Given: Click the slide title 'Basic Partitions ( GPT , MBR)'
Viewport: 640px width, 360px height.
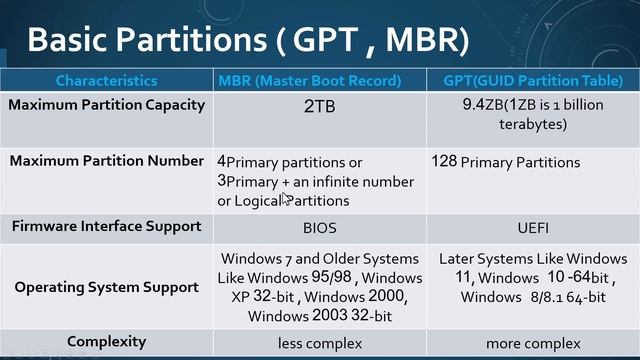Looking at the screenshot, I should point(248,39).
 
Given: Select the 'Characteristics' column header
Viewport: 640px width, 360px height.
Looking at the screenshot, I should point(106,80).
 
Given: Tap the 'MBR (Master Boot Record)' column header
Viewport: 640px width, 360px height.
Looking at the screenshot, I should point(309,80).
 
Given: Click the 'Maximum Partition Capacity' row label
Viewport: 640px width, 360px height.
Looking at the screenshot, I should point(107,104).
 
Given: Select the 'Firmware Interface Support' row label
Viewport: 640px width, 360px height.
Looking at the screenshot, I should point(107,226).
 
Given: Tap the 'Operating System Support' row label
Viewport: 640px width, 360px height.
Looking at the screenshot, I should point(107,287).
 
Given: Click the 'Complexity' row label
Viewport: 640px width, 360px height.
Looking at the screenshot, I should point(106,341).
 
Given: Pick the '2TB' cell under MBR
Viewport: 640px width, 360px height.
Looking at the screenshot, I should point(320,104).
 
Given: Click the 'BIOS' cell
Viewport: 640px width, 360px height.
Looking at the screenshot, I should point(320,227).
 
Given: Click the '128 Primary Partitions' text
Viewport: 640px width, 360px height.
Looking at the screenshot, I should point(505,162).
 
